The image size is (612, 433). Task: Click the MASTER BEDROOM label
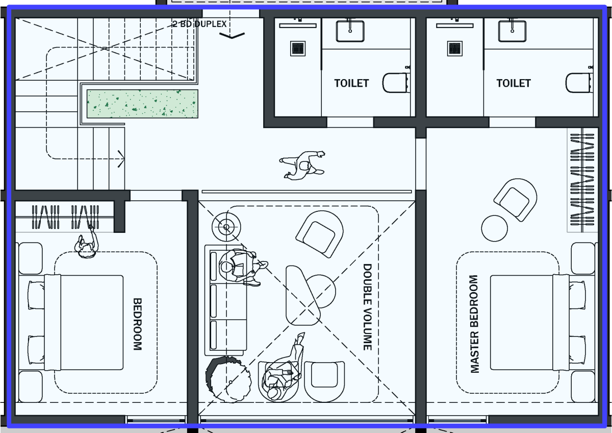pos(474,324)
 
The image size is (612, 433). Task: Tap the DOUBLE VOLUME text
pos(368,307)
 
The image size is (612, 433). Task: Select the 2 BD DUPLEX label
pos(200,24)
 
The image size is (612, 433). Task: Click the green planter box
pos(142,104)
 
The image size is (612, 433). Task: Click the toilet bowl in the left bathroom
pos(395,83)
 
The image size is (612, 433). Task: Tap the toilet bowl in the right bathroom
pos(578,83)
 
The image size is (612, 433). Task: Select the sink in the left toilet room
pos(350,31)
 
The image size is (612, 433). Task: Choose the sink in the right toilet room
pos(512,31)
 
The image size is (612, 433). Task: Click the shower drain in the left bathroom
pos(298,49)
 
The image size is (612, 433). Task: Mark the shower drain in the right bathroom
pos(455,49)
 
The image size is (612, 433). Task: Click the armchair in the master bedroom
pos(515,200)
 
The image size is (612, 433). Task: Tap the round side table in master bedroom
pos(495,228)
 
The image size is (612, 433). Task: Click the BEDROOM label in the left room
pos(137,324)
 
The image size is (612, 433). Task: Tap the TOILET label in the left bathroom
pos(351,83)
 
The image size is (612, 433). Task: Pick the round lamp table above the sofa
pos(226,227)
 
